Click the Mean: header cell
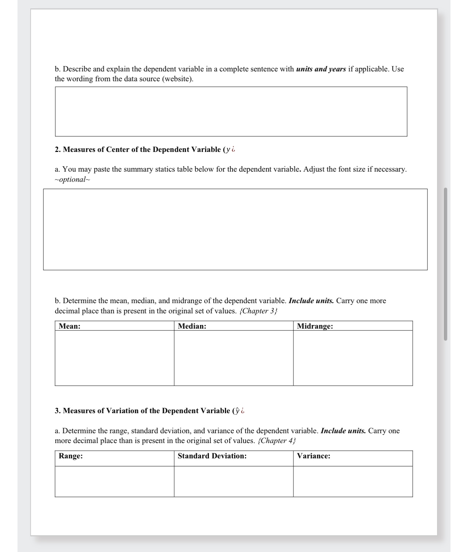(114, 326)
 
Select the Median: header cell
(233, 326)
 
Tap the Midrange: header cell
(352, 326)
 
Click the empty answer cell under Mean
(114, 358)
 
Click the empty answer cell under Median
(233, 358)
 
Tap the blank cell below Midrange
(352, 358)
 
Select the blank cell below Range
(114, 481)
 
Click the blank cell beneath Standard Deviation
(233, 481)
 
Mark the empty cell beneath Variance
(352, 481)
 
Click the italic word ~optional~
(72, 180)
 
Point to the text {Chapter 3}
(258, 311)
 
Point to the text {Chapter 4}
(277, 441)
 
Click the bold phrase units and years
(321, 69)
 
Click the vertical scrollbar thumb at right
(445, 264)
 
